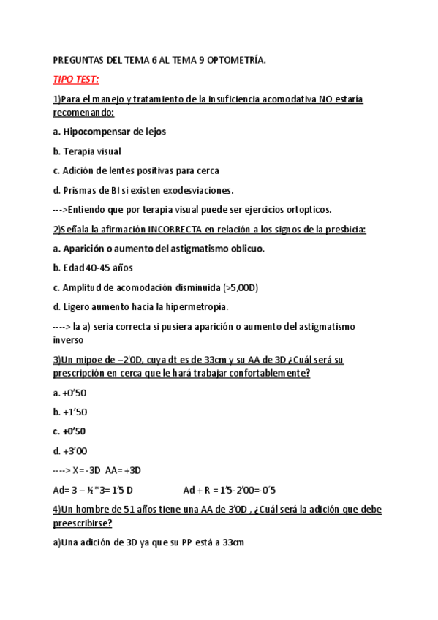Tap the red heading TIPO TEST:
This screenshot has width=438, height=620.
point(77,79)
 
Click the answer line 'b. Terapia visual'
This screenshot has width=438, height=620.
point(87,151)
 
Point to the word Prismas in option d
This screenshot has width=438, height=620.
point(81,190)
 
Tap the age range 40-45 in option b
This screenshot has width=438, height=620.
point(98,268)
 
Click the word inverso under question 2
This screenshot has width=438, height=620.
point(69,339)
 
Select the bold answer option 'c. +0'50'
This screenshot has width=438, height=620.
point(69,431)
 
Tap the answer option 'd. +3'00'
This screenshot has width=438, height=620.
point(69,450)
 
